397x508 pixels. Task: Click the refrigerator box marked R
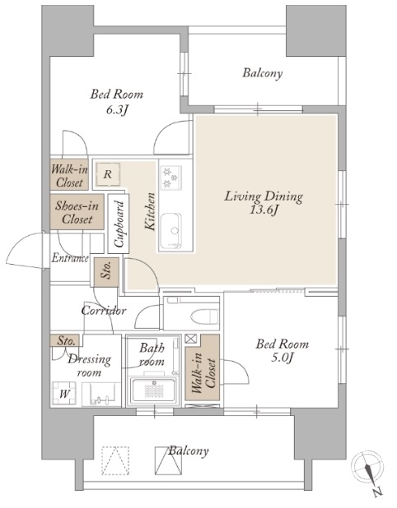click(x=108, y=174)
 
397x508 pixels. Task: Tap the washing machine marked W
click(x=64, y=393)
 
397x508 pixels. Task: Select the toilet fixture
click(x=204, y=316)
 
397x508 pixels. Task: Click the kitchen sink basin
click(x=170, y=228)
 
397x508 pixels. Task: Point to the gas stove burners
click(x=170, y=178)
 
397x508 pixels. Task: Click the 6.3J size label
click(x=116, y=110)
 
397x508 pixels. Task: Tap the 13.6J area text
click(x=264, y=210)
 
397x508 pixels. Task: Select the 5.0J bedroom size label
click(x=282, y=358)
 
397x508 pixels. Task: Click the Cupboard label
click(x=119, y=224)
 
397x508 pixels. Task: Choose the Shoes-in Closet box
click(x=77, y=212)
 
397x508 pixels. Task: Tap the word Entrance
click(x=70, y=258)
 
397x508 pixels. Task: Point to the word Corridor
click(x=104, y=311)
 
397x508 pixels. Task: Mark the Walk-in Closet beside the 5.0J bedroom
click(x=203, y=367)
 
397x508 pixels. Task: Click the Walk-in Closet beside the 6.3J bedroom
click(x=69, y=175)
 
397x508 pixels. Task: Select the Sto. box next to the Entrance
click(x=106, y=272)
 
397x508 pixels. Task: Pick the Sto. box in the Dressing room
click(x=65, y=340)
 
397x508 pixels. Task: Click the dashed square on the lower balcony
click(x=115, y=460)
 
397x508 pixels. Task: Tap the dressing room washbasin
click(x=101, y=395)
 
